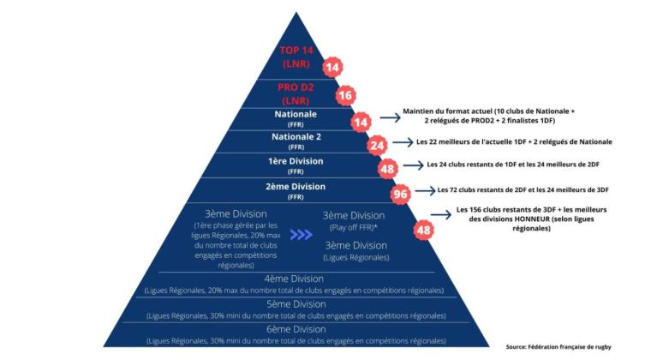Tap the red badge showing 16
point(345,95)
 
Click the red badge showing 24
point(377,146)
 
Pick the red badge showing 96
point(400,195)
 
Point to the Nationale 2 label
point(296,137)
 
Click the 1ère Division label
point(296,161)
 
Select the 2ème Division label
point(296,187)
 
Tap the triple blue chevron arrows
point(302,234)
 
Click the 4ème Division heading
point(294,279)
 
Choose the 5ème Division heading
point(296,304)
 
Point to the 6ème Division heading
point(296,329)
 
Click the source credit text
point(558,347)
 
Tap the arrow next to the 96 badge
point(425,191)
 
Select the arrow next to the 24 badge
point(403,142)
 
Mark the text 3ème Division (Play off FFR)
point(354,221)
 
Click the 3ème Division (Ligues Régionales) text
point(356,251)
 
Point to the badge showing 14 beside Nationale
point(361,123)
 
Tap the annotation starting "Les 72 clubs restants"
point(523,190)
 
